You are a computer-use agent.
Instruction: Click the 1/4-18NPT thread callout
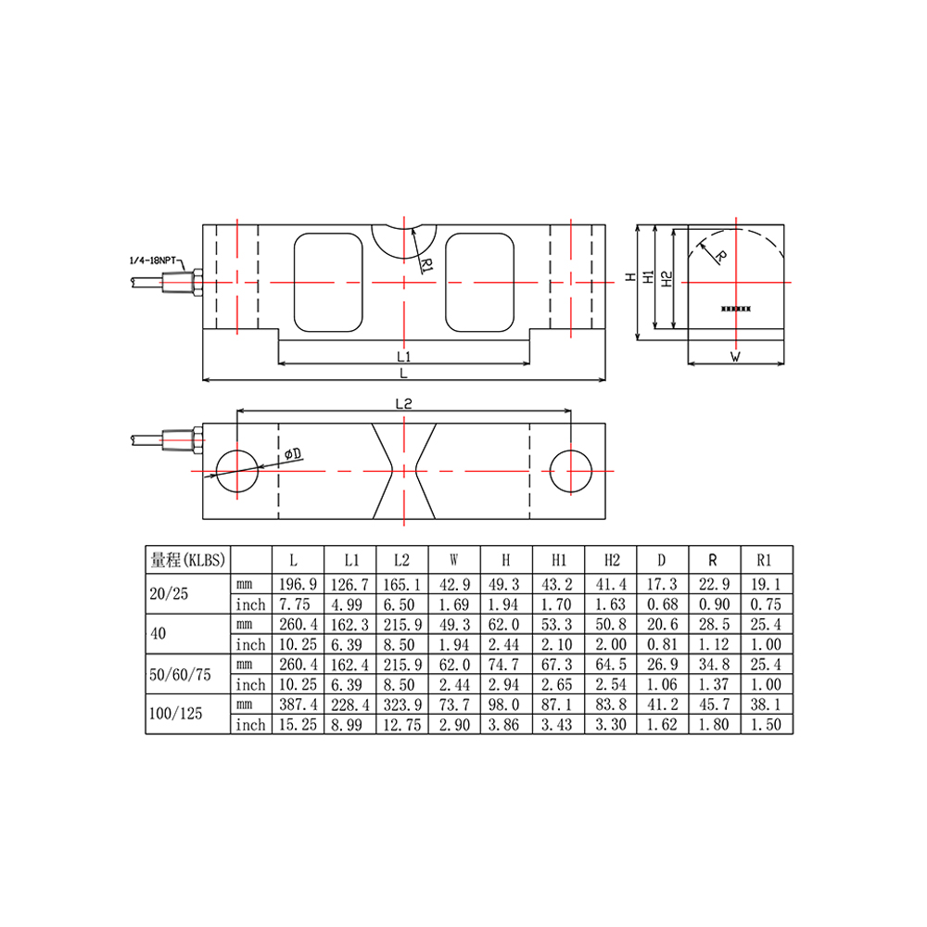[152, 261]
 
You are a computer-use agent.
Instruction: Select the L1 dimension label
[403, 356]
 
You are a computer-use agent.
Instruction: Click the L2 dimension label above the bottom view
[403, 404]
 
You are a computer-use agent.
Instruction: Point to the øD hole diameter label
[292, 453]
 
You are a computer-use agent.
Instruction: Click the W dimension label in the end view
[735, 356]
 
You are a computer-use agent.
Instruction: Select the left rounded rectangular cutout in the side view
[327, 282]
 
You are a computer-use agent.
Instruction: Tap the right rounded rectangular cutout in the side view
[479, 282]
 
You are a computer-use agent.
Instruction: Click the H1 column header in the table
[558, 560]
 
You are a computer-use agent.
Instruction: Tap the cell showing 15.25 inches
[297, 724]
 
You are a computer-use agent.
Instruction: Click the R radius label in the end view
[721, 256]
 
